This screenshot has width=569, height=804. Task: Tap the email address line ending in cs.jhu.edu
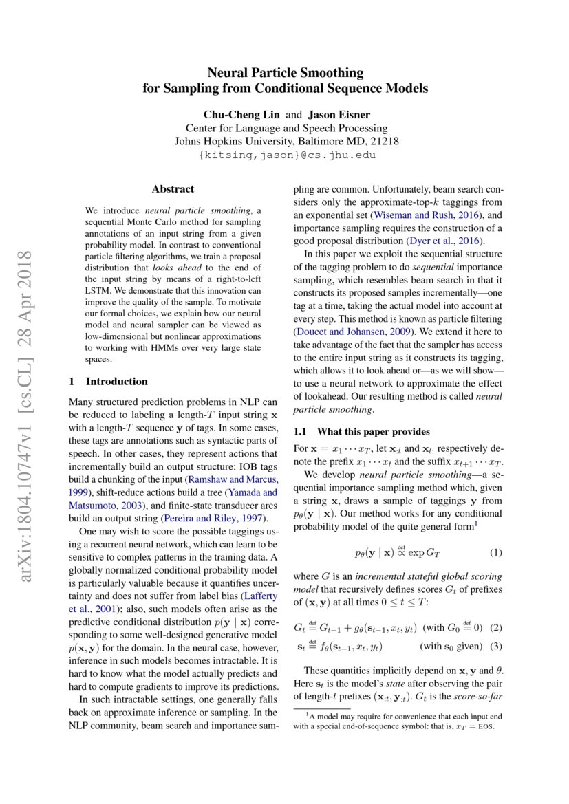(285, 156)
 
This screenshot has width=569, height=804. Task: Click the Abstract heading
(173, 188)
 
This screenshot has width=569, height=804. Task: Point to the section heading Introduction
(116, 381)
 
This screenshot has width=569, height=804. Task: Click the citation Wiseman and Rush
(413, 215)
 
